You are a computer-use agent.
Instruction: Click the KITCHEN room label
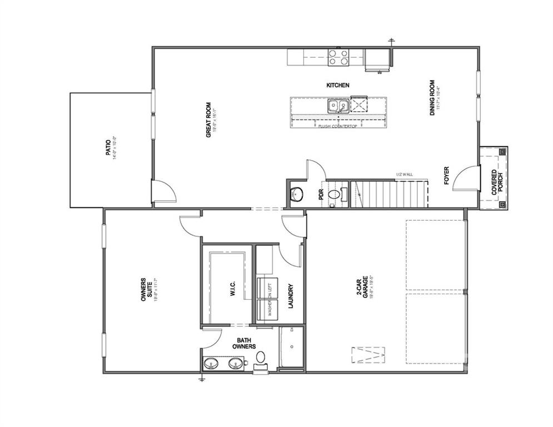click(337, 85)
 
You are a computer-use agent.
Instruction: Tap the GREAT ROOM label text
click(209, 120)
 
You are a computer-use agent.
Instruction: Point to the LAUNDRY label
click(290, 296)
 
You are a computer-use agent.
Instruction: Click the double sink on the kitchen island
click(337, 105)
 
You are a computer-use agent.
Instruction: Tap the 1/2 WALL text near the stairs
click(403, 175)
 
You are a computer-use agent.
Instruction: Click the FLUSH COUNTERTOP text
click(338, 126)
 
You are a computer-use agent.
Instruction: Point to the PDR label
click(321, 195)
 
